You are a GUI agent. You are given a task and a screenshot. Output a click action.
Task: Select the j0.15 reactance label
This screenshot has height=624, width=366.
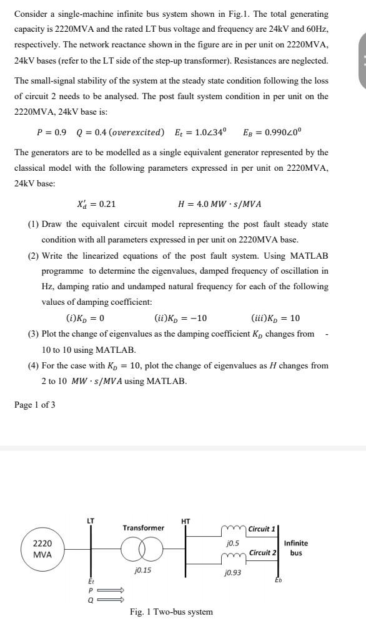[x=143, y=570]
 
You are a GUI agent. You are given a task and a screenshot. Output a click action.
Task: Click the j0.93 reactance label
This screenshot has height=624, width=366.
[x=232, y=572]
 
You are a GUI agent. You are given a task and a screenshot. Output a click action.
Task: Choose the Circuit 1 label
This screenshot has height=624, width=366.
[x=262, y=529]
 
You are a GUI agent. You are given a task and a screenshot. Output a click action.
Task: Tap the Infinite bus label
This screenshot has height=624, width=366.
[x=296, y=548]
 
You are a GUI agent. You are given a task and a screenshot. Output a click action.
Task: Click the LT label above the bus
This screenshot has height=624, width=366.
[x=91, y=521]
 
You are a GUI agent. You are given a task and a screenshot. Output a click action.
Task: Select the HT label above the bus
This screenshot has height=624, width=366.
[x=185, y=521]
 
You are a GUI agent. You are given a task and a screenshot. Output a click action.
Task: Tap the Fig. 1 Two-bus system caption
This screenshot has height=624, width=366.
[x=171, y=612]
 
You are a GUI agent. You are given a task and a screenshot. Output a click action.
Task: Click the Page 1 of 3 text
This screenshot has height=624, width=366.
[x=34, y=405]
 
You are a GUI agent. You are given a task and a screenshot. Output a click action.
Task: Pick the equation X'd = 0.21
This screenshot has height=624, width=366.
[x=96, y=204]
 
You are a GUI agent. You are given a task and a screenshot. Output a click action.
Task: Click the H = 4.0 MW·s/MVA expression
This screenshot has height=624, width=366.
[x=219, y=204]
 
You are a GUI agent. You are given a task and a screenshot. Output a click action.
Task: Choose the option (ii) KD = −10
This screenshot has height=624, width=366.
[x=181, y=318]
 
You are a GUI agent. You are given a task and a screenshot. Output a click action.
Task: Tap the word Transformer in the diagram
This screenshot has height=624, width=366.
[x=143, y=528]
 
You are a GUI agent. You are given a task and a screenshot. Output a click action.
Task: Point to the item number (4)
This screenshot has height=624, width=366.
[x=34, y=365]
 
